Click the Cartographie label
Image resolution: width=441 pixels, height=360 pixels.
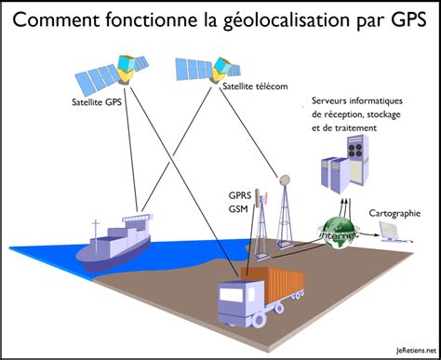click(x=399, y=213)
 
